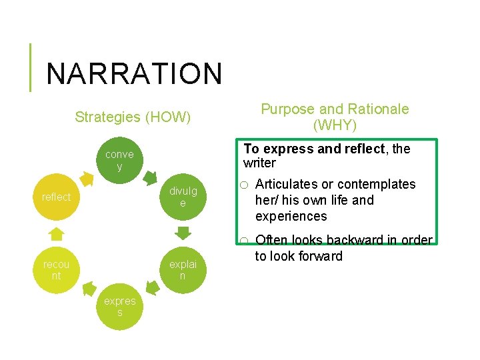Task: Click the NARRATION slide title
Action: coord(133,73)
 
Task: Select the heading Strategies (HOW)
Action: coord(133,118)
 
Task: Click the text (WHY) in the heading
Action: coord(335,125)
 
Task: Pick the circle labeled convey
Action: coord(119,161)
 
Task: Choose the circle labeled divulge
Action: coord(183,197)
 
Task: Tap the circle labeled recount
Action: coord(56,269)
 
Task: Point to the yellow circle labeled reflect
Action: coord(56,197)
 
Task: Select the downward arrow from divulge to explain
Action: coord(183,233)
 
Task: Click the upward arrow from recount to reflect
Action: coord(57,233)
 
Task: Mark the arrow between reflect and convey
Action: coord(87,178)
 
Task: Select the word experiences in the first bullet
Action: coord(291,216)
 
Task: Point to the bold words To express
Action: coord(269,149)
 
